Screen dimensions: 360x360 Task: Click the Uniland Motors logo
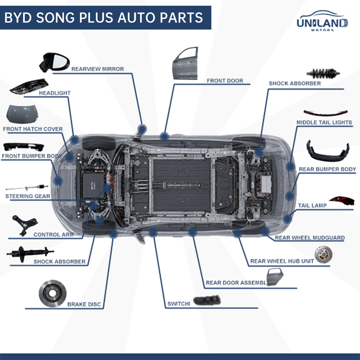[322, 21]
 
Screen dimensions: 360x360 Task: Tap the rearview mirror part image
[54, 62]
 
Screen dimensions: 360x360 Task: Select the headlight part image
[29, 86]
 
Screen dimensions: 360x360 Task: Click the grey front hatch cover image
[22, 114]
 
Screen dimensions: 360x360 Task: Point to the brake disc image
[52, 293]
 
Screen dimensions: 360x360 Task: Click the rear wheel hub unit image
[324, 254]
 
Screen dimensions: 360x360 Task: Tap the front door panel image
[185, 63]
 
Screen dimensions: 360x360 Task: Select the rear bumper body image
[328, 151]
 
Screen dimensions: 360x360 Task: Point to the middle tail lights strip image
[325, 113]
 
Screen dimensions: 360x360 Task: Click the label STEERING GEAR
[28, 196]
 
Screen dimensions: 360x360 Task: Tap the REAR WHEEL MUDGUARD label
[310, 238]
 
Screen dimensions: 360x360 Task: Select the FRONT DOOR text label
[225, 81]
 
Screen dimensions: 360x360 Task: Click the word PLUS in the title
[96, 18]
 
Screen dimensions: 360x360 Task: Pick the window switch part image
[207, 300]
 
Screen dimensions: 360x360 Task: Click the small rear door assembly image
[275, 277]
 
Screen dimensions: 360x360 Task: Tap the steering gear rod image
[27, 187]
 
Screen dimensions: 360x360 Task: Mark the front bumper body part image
[24, 147]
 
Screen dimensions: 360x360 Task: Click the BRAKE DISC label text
[84, 304]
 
